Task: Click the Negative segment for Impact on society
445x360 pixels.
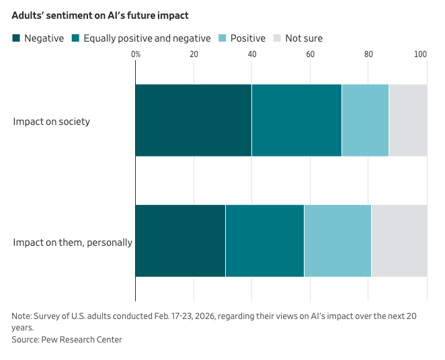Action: (x=194, y=120)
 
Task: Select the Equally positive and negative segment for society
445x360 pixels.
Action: (x=297, y=120)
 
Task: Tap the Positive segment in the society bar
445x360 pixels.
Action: (x=366, y=120)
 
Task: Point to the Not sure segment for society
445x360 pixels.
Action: (x=408, y=120)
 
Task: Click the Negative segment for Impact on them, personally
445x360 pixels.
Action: (x=181, y=240)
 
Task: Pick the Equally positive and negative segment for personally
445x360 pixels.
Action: (x=265, y=240)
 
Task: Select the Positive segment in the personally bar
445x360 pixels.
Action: (x=337, y=240)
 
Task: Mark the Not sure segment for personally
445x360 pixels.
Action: (x=399, y=240)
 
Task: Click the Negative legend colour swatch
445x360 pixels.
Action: (x=16, y=38)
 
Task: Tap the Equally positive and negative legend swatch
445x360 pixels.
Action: (x=75, y=38)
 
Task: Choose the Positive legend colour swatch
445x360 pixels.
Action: (x=222, y=38)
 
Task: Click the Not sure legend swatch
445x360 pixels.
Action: (x=277, y=38)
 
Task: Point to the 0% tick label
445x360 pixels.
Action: (x=136, y=54)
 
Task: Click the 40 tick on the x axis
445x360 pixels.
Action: (x=252, y=54)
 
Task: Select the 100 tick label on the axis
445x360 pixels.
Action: (x=420, y=54)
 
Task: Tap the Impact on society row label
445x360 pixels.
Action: (x=51, y=122)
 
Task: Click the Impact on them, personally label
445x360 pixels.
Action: (x=73, y=242)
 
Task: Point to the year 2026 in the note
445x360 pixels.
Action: (x=204, y=316)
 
